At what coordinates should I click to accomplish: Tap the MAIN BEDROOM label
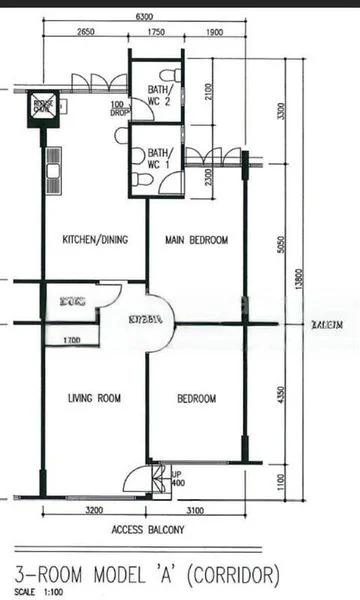coord(197,240)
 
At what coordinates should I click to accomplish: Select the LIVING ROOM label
coord(94,399)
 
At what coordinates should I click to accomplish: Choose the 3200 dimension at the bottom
coord(94,511)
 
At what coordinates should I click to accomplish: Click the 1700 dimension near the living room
coord(71,342)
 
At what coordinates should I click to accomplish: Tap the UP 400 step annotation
coord(177,479)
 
